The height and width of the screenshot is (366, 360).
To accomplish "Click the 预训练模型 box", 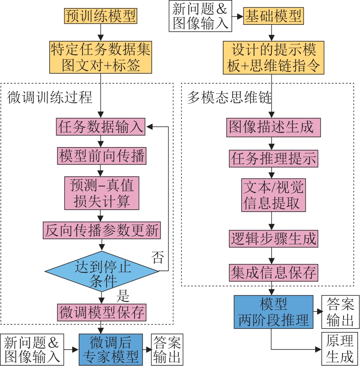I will click(101, 16).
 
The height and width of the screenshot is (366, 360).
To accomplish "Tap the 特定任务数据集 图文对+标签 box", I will click(101, 57).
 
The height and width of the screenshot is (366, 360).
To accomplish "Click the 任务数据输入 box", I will click(101, 127).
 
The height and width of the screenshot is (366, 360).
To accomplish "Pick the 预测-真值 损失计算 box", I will click(101, 193).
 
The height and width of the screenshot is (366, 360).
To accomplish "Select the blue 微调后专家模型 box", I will click(111, 349).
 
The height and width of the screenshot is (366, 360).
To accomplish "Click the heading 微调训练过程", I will click(50, 97).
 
